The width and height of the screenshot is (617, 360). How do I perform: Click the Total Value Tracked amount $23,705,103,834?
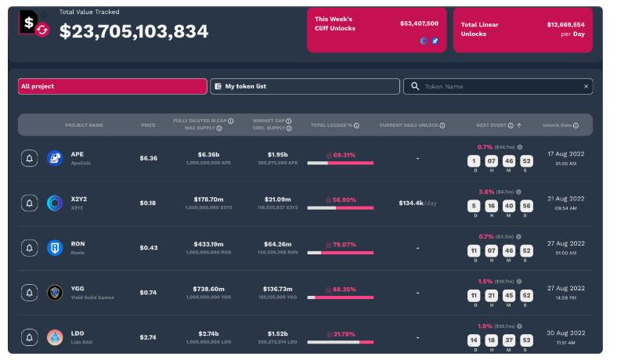(x=134, y=31)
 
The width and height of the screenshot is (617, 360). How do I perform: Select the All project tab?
(x=112, y=86)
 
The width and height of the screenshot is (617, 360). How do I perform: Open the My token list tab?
(x=305, y=86)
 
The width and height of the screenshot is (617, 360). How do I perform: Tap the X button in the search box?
(x=586, y=87)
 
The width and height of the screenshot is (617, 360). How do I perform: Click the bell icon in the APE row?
(x=30, y=159)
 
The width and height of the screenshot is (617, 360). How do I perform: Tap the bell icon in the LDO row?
(x=30, y=337)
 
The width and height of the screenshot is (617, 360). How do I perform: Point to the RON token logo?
(x=55, y=248)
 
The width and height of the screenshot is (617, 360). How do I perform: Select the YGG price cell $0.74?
(x=148, y=293)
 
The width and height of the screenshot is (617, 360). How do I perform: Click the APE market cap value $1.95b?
(x=277, y=155)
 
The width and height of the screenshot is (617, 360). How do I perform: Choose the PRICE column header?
(x=148, y=125)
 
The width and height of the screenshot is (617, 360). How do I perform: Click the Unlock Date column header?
(x=561, y=125)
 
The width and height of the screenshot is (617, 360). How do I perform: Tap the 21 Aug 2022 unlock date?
(x=566, y=199)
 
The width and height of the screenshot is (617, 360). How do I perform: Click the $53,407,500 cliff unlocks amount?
(x=419, y=23)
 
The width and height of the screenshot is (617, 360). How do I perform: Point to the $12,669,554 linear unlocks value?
(x=565, y=24)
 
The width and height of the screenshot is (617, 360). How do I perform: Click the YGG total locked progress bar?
(x=341, y=297)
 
